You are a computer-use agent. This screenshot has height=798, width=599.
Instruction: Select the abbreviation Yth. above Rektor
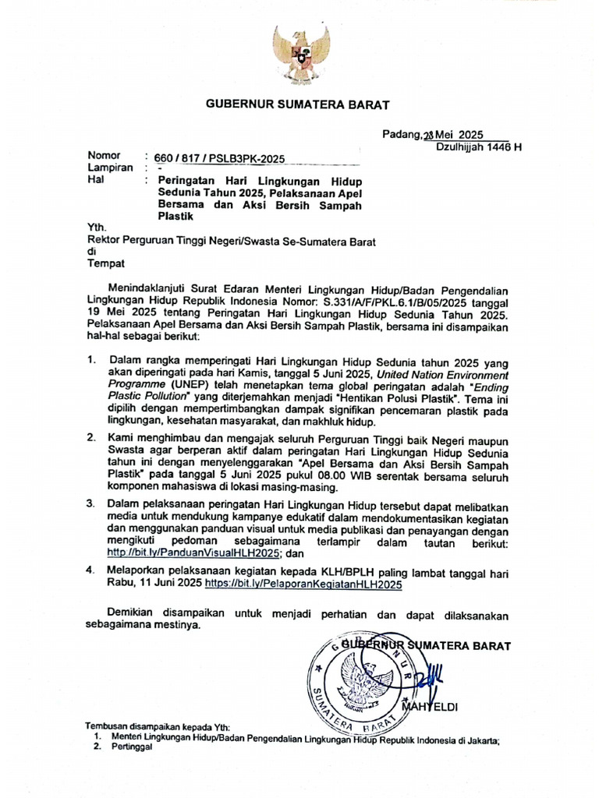[96, 228]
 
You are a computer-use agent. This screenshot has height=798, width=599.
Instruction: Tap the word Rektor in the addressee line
[106, 242]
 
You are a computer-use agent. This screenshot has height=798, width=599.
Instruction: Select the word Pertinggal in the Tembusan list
[131, 747]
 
